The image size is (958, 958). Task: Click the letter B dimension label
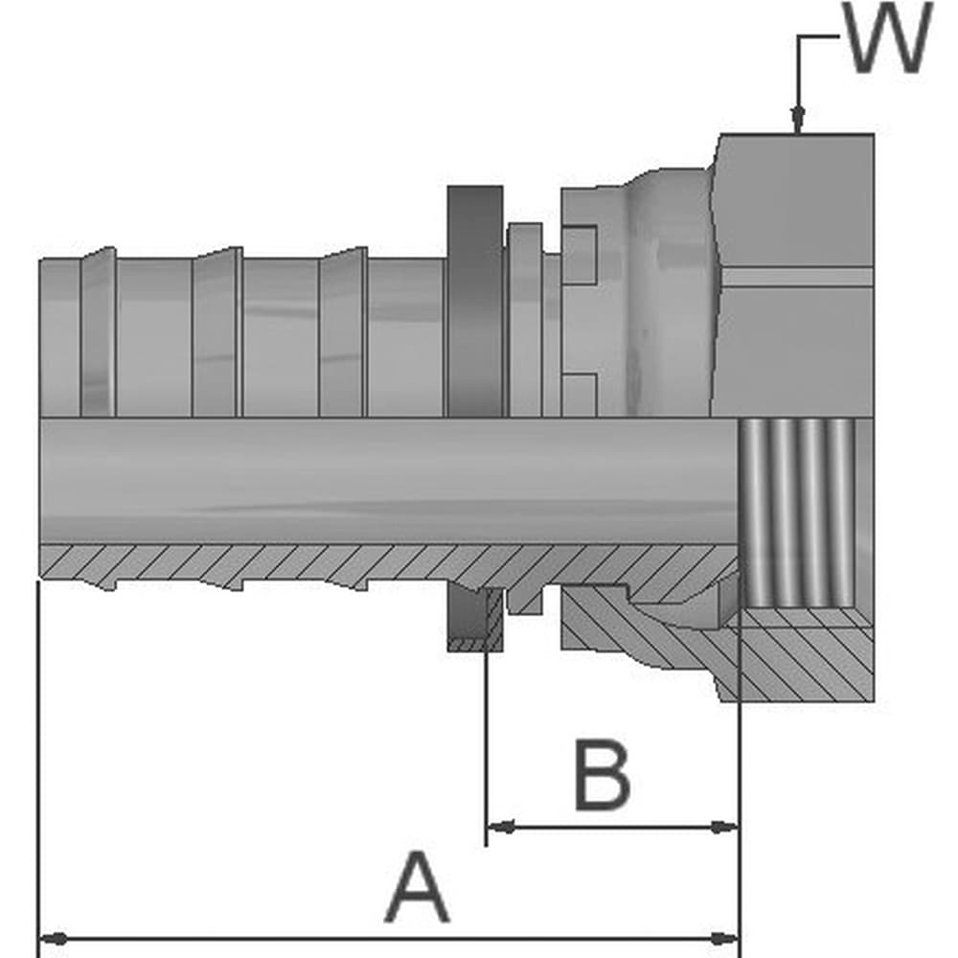point(602,774)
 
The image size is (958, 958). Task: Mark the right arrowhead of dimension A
point(724,955)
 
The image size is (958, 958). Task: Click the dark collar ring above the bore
point(475,302)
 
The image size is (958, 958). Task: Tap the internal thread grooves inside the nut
point(797,513)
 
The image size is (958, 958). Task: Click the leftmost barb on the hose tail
point(99,332)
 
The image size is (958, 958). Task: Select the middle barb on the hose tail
point(217,332)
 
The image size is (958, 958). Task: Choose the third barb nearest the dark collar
point(343,332)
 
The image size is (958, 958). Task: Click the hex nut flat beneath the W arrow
point(794,201)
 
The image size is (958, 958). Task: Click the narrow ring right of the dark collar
point(525,320)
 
